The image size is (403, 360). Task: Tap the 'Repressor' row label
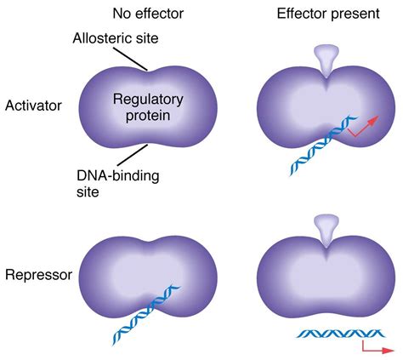coord(37,275)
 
